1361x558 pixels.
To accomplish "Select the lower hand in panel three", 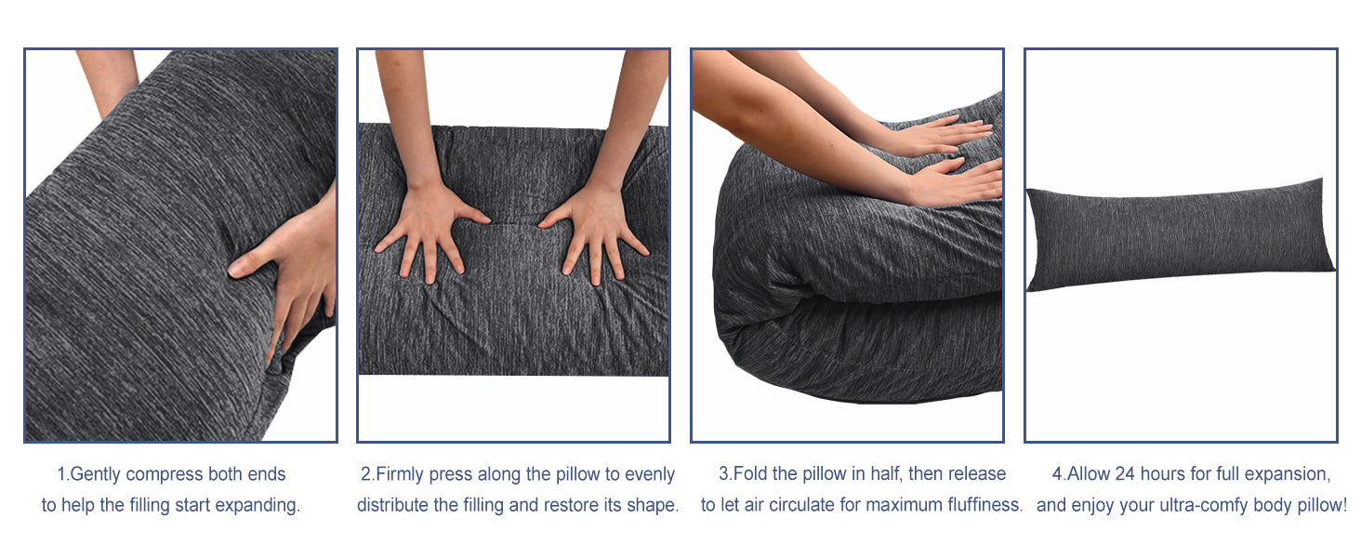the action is pyautogui.click(x=954, y=182).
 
